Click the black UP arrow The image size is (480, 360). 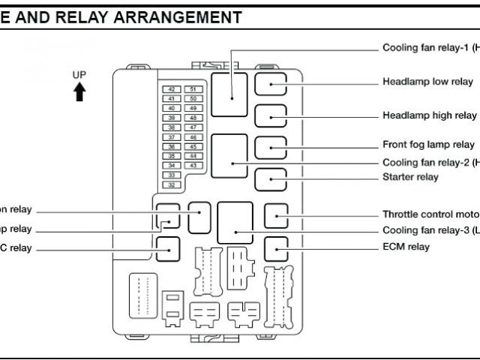(x=79, y=92)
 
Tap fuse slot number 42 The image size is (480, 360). (x=172, y=89)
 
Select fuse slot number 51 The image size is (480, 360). (x=193, y=89)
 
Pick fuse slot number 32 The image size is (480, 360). (x=172, y=184)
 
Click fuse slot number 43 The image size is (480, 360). (x=193, y=165)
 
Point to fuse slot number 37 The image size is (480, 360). (x=172, y=137)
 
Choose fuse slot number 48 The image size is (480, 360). (x=193, y=118)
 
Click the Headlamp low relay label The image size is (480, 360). (x=427, y=82)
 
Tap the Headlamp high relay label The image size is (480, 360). (x=429, y=115)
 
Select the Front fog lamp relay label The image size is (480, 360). (x=428, y=145)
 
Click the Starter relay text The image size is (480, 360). (x=410, y=177)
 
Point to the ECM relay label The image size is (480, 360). (x=406, y=247)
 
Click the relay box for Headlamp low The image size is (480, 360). (x=270, y=83)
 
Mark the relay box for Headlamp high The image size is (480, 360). (x=270, y=116)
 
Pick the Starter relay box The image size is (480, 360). (x=270, y=179)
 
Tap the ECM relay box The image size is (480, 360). (x=276, y=247)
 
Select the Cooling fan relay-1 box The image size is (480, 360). (x=229, y=94)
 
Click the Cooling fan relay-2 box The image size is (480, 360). (x=229, y=156)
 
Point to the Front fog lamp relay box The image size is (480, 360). (x=270, y=148)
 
